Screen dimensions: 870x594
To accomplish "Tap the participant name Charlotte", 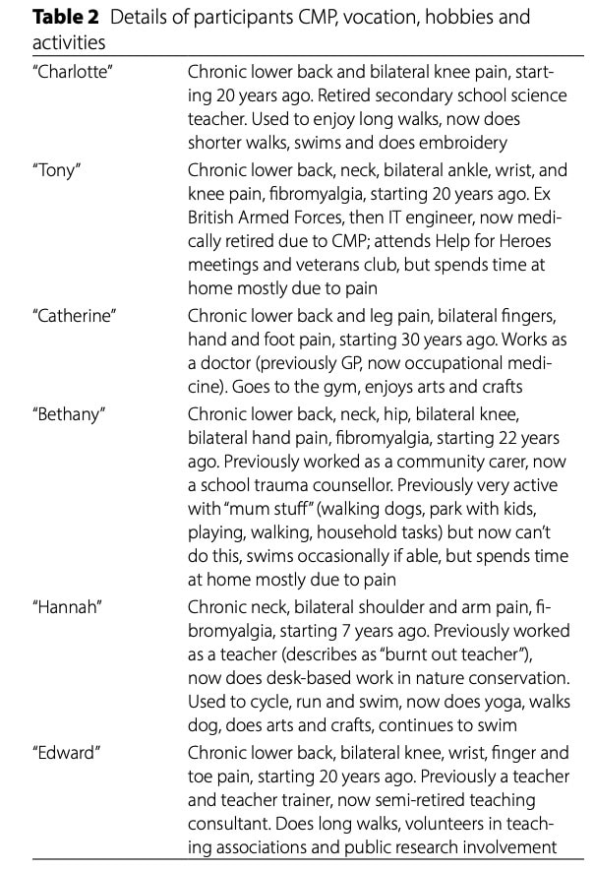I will click(71, 72).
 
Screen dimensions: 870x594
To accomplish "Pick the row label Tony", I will click(57, 168).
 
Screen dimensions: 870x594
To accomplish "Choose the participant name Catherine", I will click(74, 314).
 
